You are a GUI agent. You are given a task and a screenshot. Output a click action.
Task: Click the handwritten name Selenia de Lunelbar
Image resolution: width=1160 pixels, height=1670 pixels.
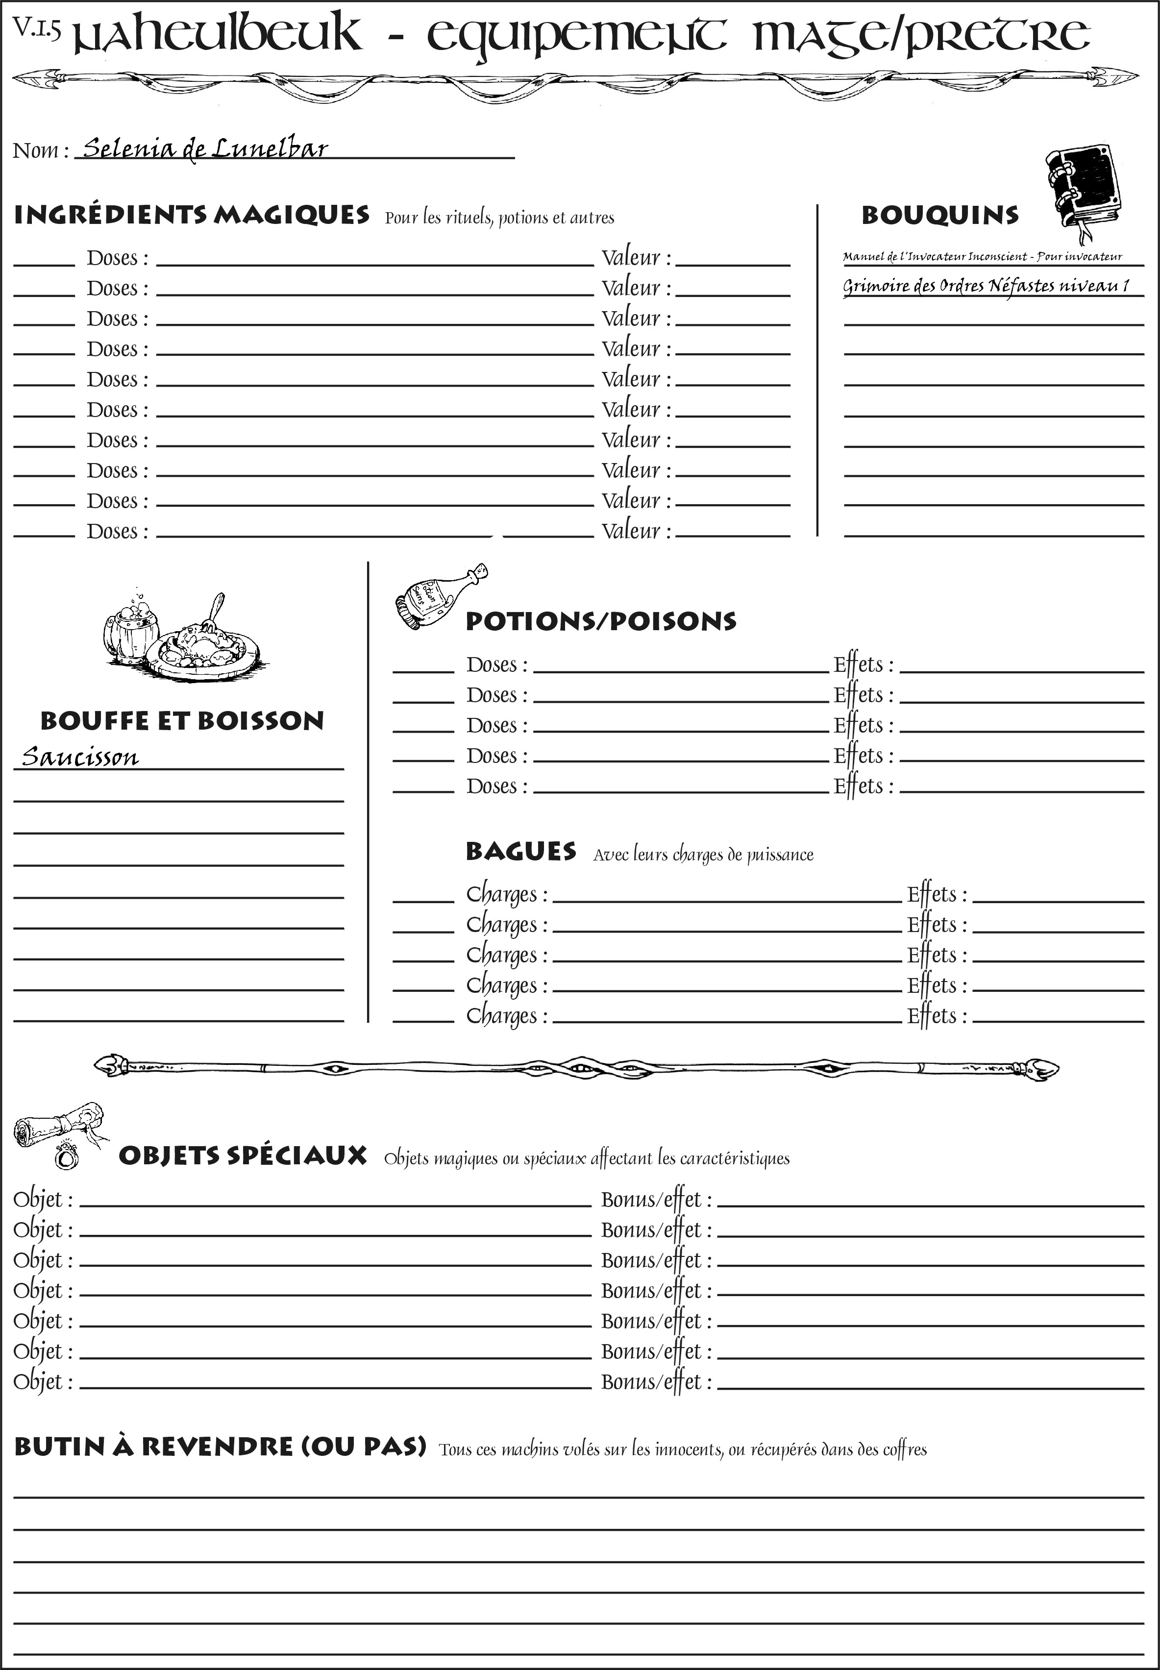click(x=205, y=149)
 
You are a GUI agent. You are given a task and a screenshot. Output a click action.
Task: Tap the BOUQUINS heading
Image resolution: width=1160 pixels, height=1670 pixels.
click(x=940, y=215)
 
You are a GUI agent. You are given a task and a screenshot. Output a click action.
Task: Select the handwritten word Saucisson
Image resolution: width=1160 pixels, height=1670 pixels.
click(x=80, y=757)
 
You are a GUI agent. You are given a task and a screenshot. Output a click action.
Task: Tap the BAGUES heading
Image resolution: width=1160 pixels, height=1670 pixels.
click(x=520, y=851)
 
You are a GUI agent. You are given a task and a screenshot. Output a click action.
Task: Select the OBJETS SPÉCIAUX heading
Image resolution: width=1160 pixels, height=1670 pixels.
click(x=242, y=1155)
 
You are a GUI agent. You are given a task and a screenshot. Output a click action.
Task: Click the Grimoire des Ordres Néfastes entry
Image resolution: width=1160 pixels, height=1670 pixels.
click(x=986, y=286)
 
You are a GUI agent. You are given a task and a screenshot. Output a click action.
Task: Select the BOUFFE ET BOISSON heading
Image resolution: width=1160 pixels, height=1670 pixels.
click(x=182, y=721)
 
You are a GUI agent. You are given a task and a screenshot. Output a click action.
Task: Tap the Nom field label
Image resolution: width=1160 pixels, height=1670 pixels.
click(x=40, y=150)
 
